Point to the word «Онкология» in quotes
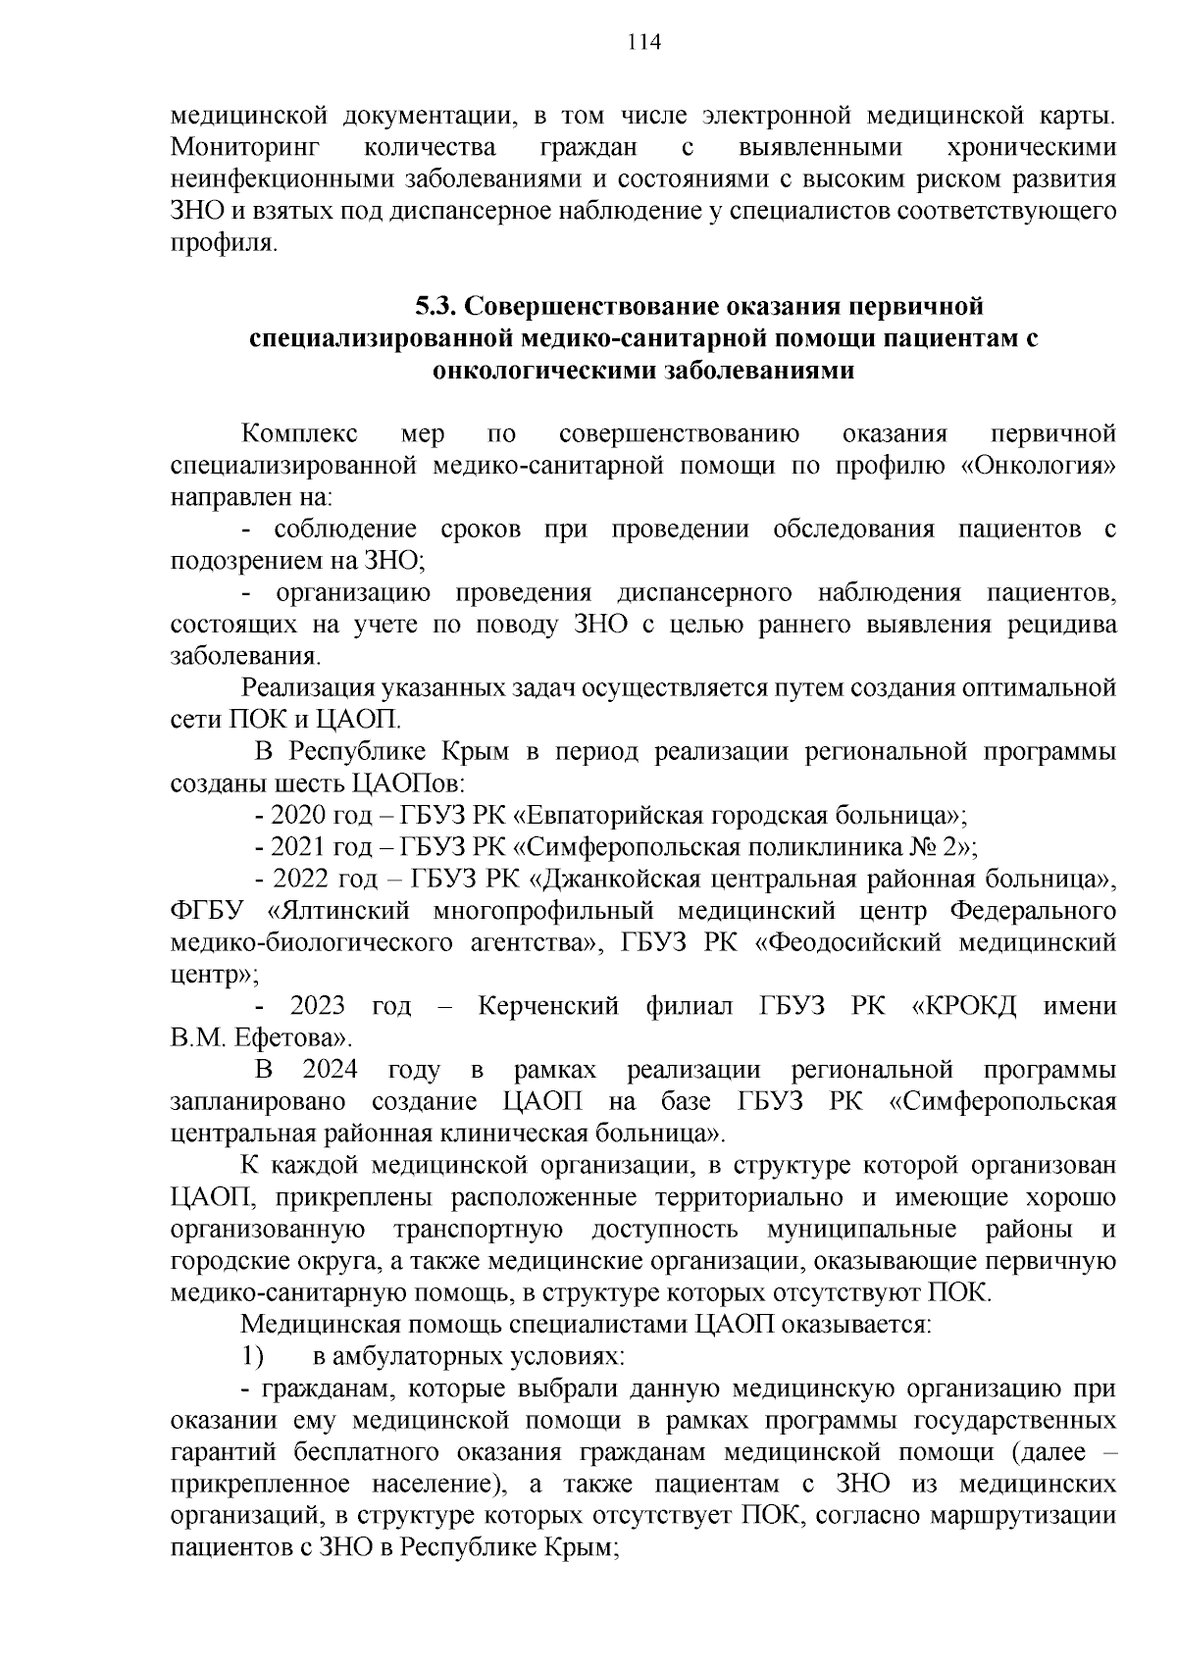[x=1039, y=466]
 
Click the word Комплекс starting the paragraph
[x=300, y=433]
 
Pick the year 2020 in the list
[x=298, y=816]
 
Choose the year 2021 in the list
[x=298, y=847]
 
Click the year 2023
[x=318, y=1006]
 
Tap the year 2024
[x=330, y=1070]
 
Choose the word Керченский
[x=548, y=1006]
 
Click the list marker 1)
[x=253, y=1357]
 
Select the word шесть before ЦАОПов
[x=314, y=784]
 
